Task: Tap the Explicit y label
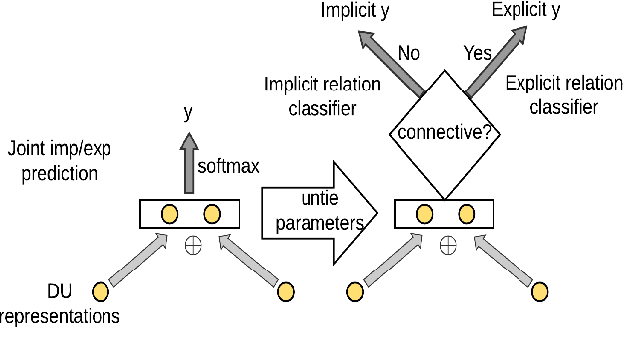525,11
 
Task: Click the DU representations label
60,304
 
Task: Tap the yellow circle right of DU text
101,291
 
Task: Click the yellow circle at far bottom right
540,291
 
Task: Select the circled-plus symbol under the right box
447,241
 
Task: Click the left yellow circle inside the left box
169,214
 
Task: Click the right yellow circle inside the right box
468,214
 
